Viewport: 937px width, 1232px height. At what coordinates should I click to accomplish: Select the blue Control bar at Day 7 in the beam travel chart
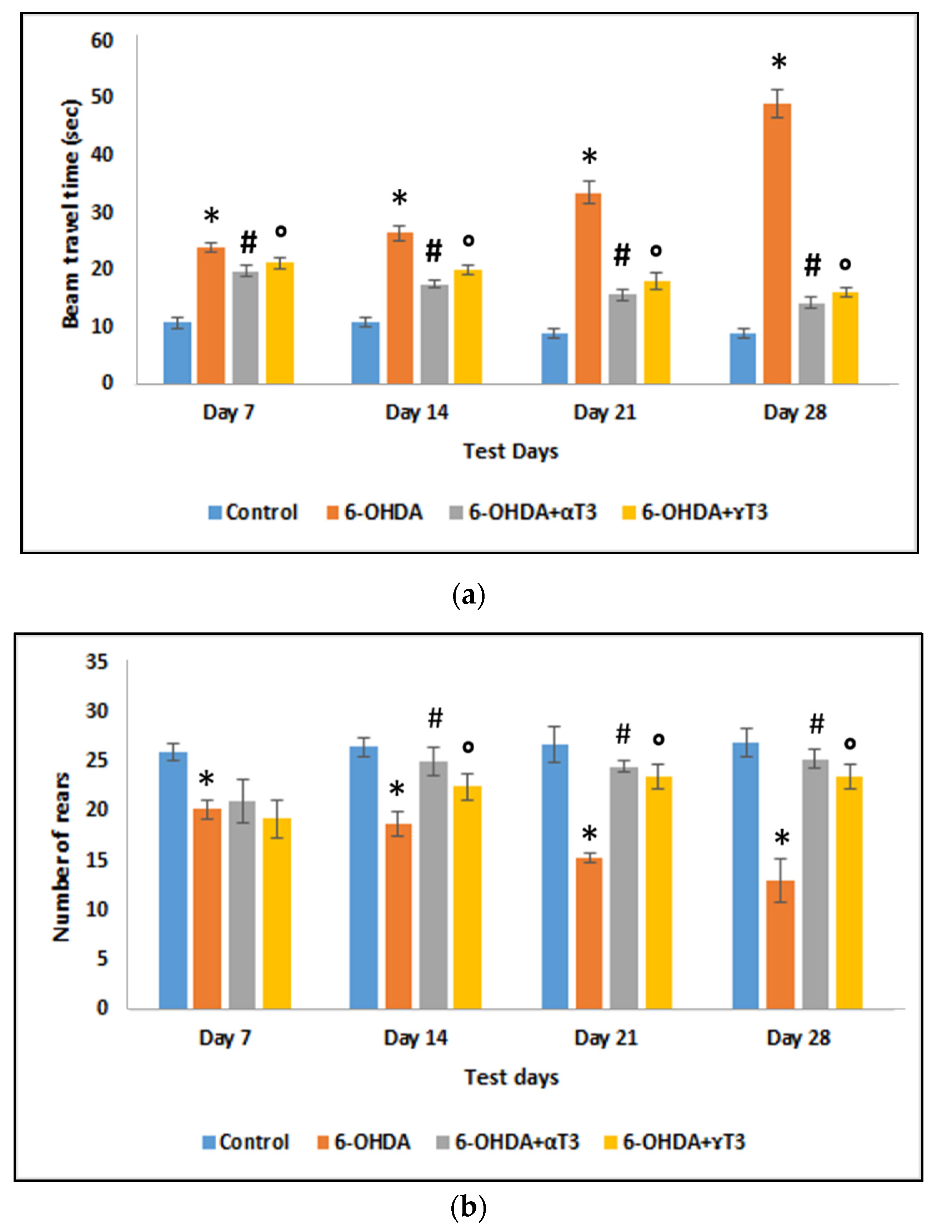[x=177, y=353]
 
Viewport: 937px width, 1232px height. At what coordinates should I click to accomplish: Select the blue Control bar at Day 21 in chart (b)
[x=555, y=876]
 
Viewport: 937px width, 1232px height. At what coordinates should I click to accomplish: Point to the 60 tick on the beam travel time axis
[x=102, y=41]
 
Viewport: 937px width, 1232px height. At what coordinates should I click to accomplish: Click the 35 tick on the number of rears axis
[x=96, y=662]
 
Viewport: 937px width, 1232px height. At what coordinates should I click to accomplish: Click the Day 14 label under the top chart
[x=417, y=412]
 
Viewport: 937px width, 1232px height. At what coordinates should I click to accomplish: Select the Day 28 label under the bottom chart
[x=798, y=1038]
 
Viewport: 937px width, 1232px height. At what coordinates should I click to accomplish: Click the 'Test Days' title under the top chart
[x=510, y=451]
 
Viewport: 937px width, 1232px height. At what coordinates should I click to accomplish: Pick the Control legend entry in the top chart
[x=254, y=512]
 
